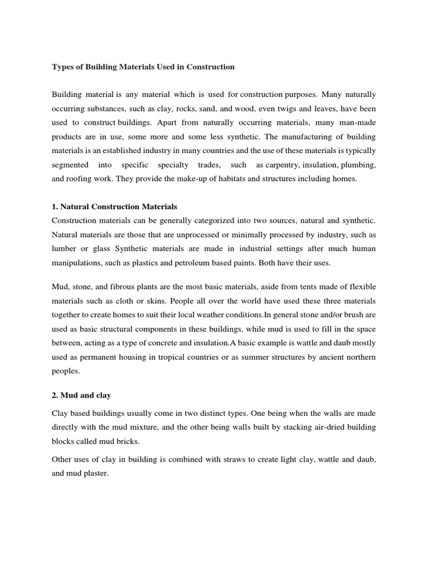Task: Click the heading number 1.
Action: coord(54,207)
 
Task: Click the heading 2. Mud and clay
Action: coord(81,396)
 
